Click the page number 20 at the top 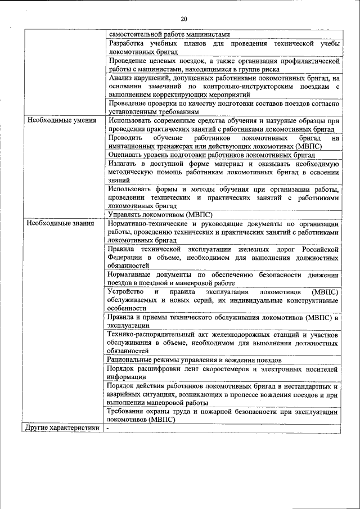point(184,19)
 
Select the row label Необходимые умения point(56,120)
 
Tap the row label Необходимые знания point(55,223)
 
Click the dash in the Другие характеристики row point(109,428)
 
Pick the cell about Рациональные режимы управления point(193,359)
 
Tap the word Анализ point(121,78)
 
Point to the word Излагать point(124,163)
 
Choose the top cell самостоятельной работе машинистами point(169,34)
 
